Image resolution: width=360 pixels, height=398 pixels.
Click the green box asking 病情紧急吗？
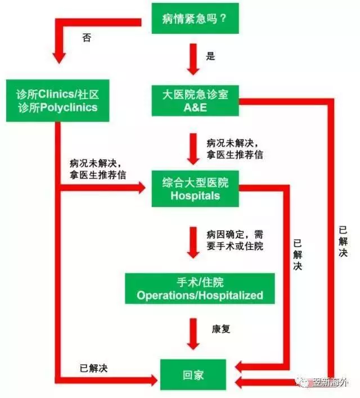(195, 18)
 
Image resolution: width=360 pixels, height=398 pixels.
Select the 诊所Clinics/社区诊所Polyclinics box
(57, 101)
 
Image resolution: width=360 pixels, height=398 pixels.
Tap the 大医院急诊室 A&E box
(195, 101)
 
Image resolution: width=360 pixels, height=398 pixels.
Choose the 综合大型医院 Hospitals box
(195, 189)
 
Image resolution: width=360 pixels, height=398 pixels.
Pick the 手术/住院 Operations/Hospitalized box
(200, 288)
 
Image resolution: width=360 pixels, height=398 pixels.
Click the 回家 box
(193, 375)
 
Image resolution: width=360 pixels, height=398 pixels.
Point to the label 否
(87, 38)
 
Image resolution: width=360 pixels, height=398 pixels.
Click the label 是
(210, 56)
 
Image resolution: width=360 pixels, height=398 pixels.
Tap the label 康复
(221, 329)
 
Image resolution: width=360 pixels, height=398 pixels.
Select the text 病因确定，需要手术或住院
(235, 240)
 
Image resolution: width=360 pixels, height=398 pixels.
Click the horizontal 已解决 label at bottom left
(93, 368)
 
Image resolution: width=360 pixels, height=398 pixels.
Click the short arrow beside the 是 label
(193, 60)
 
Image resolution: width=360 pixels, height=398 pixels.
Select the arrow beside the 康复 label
(193, 334)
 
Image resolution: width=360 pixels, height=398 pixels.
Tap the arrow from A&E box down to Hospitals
(193, 149)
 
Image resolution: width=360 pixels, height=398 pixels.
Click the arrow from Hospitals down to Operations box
(193, 243)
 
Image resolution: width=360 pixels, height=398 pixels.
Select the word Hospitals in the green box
(195, 196)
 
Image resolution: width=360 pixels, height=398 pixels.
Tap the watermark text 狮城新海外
(330, 382)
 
